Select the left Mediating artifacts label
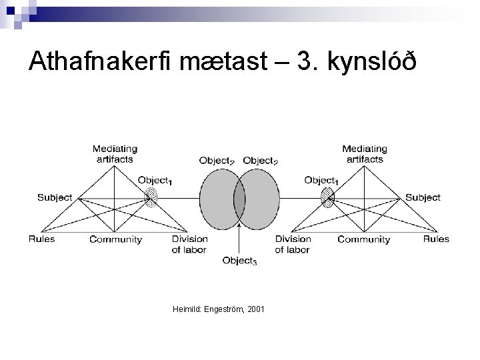point(115,154)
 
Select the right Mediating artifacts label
point(363,154)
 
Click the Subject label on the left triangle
point(55,197)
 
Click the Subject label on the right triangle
point(423,197)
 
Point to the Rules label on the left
point(41,239)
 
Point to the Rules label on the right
point(436,239)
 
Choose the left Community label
point(115,240)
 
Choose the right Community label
point(363,240)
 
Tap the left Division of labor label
point(189,244)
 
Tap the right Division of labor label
point(293,244)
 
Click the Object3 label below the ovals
point(239,261)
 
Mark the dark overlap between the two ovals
point(239,198)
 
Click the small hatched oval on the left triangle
point(152,197)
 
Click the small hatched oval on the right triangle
point(327,197)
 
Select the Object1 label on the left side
point(154,180)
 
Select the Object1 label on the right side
point(321,180)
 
